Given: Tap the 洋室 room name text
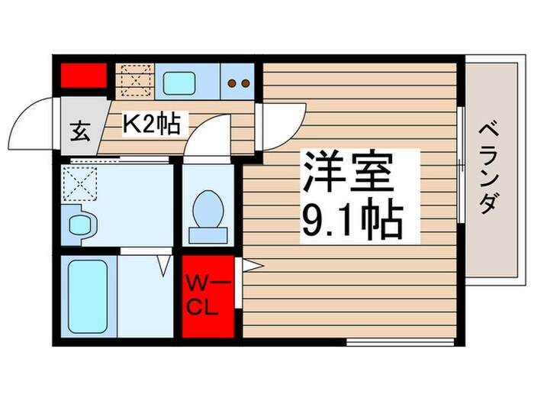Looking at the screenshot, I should pyautogui.click(x=349, y=174).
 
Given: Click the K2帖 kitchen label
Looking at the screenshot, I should pyautogui.click(x=153, y=123).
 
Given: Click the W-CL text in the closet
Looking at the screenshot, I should pyautogui.click(x=207, y=298).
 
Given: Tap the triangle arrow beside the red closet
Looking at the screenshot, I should pyautogui.click(x=251, y=265).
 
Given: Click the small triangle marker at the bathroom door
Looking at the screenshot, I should pyautogui.click(x=164, y=265).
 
